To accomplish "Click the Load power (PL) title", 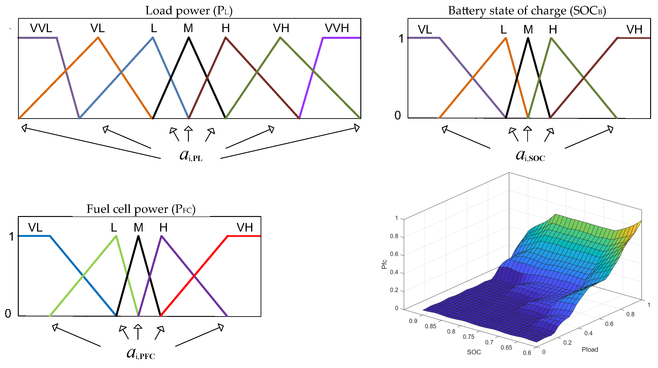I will pos(189,11).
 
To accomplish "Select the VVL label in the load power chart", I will pos(41,28).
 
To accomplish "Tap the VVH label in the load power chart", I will pos(337,28).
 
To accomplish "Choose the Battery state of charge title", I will pos(527,11).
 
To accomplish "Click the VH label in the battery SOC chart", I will pos(634,30).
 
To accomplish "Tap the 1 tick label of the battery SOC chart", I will pos(401,39).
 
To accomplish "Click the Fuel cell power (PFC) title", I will pos(141,209).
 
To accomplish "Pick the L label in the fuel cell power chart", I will pos(114,227).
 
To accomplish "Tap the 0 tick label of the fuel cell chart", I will pos(8,314).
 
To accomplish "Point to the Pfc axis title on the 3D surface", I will pos(384,264).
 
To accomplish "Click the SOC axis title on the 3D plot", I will pos(474,352).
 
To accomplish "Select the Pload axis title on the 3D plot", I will pos(590,349).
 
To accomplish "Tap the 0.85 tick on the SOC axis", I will pos(430,326).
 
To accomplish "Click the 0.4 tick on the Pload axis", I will pos(588,333).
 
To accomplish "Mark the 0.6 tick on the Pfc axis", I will pos(394,254).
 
